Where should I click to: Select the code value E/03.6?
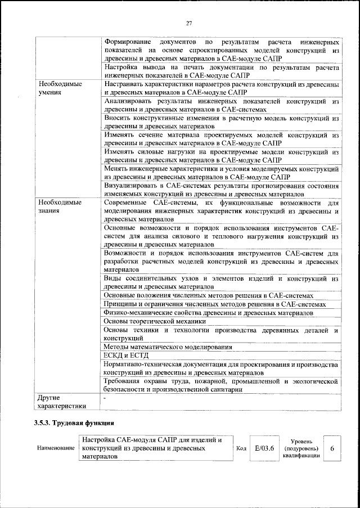coord(264,448)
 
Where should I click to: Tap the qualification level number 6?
coord(332,448)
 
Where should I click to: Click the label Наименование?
coord(55,448)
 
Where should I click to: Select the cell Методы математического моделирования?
coord(167,347)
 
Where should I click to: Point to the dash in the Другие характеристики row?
coord(105,397)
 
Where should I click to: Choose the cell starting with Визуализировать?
coord(221,190)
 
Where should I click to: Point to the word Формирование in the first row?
coord(128,42)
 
